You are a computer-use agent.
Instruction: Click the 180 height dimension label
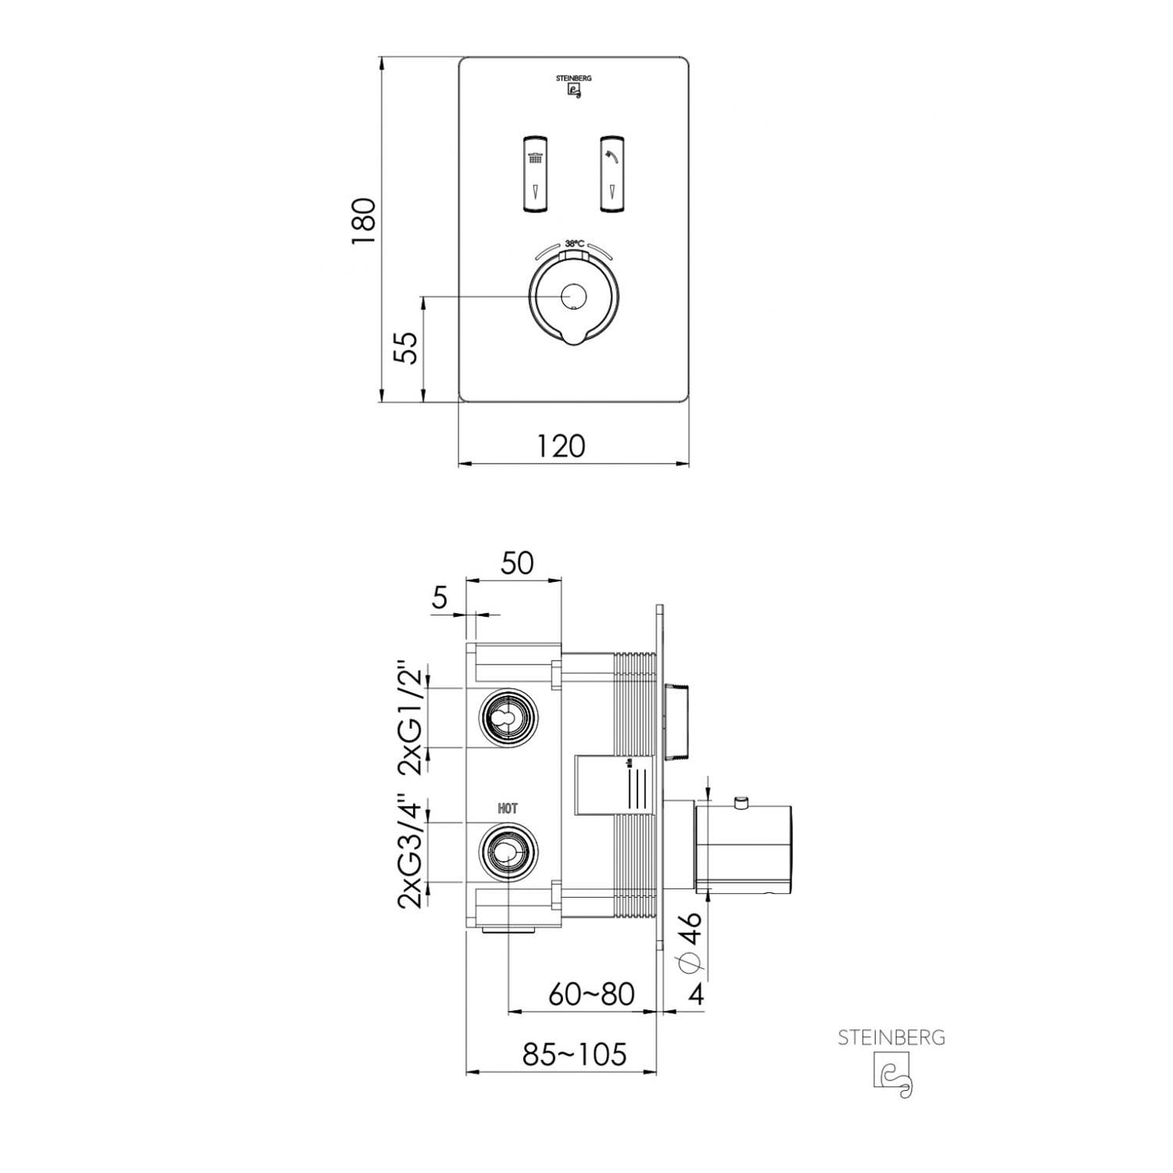click(x=364, y=222)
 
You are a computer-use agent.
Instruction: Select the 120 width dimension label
click(x=561, y=446)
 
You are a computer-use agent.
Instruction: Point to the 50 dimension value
click(x=517, y=563)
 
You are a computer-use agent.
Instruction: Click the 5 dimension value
click(x=439, y=598)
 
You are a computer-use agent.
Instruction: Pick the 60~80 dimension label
click(x=591, y=994)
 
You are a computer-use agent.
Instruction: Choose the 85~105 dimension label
click(x=575, y=1054)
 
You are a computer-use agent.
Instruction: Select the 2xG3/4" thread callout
click(x=412, y=852)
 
